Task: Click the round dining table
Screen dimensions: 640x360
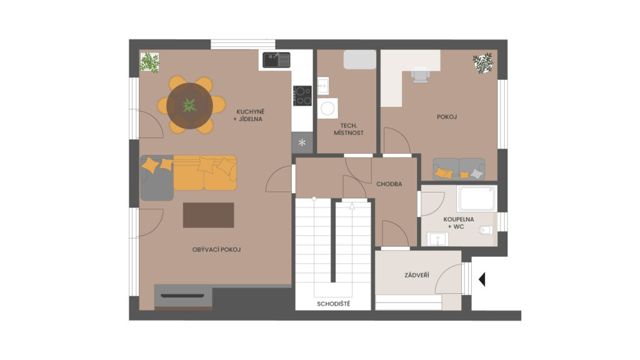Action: pyautogui.click(x=189, y=106)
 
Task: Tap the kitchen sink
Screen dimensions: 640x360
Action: pyautogui.click(x=276, y=60)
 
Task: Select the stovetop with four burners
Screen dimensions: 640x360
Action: pyautogui.click(x=302, y=96)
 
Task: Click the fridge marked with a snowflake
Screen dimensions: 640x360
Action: pyautogui.click(x=302, y=142)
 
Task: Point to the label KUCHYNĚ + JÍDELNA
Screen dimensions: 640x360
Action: pyautogui.click(x=249, y=116)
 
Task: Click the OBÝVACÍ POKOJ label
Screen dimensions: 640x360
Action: pyautogui.click(x=216, y=249)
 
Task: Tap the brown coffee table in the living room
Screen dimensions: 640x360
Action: pyautogui.click(x=208, y=215)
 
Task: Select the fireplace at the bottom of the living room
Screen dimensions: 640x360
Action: pyautogui.click(x=183, y=296)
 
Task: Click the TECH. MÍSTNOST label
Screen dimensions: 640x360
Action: pyautogui.click(x=349, y=129)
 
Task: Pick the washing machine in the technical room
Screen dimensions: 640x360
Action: pyautogui.click(x=327, y=108)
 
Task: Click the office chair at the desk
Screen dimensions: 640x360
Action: pyautogui.click(x=421, y=75)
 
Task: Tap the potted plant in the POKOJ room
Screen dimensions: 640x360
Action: pyautogui.click(x=483, y=63)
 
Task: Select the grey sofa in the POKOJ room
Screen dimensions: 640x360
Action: pyautogui.click(x=459, y=169)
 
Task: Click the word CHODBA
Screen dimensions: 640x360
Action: pyautogui.click(x=389, y=184)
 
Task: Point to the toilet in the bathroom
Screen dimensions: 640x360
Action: pyautogui.click(x=486, y=230)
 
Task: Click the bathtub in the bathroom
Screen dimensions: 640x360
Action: pyautogui.click(x=477, y=199)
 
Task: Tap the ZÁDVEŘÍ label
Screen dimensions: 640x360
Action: pyautogui.click(x=417, y=276)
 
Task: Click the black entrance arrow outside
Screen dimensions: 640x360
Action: pyautogui.click(x=482, y=279)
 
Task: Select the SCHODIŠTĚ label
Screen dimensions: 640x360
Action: pyautogui.click(x=334, y=304)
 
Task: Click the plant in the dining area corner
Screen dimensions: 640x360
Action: pyautogui.click(x=150, y=63)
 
